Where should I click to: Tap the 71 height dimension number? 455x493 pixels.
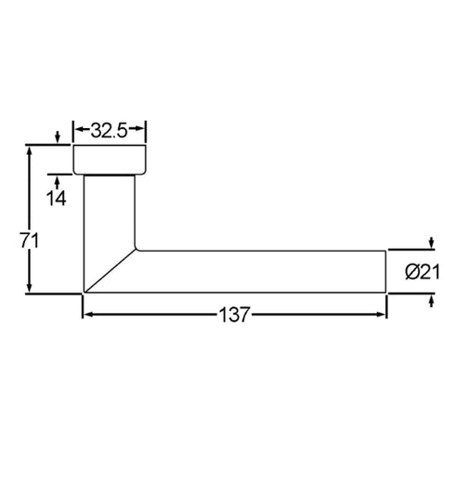point(29,240)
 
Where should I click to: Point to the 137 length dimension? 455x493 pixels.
point(235,314)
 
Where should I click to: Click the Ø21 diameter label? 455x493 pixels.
point(422,271)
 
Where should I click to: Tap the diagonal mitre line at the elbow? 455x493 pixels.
point(110,270)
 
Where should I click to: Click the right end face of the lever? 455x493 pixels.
point(385,271)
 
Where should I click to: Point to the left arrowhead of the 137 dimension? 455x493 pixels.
point(88,314)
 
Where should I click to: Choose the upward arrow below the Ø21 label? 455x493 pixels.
point(431,298)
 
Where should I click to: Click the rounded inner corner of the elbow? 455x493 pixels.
point(137,248)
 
